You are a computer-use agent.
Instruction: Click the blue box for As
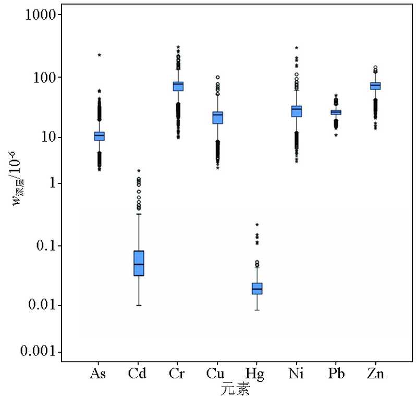click(99, 136)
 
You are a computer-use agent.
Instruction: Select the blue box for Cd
click(139, 263)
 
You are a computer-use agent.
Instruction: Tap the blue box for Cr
click(178, 86)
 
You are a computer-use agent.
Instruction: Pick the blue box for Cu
click(217, 117)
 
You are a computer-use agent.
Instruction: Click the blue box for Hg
click(257, 288)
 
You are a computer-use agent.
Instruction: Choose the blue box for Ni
click(297, 111)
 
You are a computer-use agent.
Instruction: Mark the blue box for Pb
click(336, 112)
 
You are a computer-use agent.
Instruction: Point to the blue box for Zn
click(375, 85)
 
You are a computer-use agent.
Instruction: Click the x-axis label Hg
click(256, 374)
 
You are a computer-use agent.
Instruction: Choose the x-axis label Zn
click(375, 374)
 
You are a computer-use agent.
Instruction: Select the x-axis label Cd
click(138, 374)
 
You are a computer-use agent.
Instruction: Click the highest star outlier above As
click(99, 55)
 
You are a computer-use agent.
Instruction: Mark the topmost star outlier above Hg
click(257, 225)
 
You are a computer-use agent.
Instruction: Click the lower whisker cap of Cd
click(139, 305)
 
